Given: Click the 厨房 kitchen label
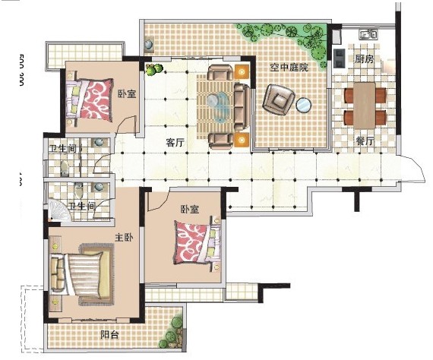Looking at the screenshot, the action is [x=364, y=59].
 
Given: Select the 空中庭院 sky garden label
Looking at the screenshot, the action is [x=289, y=68].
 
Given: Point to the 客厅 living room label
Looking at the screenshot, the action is [x=175, y=143].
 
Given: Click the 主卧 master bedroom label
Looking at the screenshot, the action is [x=124, y=238].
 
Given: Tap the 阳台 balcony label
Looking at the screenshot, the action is [x=109, y=335].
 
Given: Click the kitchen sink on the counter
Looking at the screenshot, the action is [x=368, y=34].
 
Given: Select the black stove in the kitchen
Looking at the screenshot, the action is [x=339, y=58].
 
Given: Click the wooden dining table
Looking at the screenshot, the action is [x=365, y=106].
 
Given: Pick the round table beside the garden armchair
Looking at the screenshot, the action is [x=304, y=105].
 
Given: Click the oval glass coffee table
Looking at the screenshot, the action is [x=219, y=107].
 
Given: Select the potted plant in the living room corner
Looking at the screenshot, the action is [x=153, y=70].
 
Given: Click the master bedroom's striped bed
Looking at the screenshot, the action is [x=82, y=274].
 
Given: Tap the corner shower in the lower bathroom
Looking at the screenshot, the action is [x=59, y=210].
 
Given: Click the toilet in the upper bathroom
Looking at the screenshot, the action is [x=64, y=168].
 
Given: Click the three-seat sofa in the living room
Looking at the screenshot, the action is [x=242, y=107].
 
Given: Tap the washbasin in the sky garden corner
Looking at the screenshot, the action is [x=149, y=44].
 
